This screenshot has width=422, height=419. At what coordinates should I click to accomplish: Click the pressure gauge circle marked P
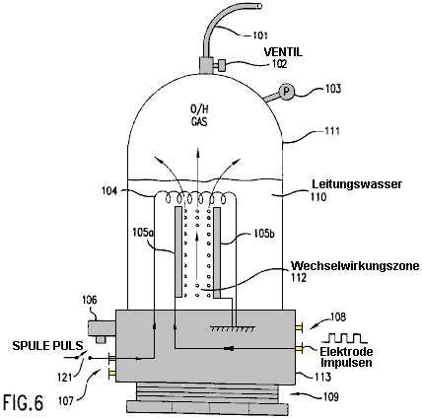[286, 92]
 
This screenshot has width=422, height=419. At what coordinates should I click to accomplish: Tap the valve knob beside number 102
[222, 65]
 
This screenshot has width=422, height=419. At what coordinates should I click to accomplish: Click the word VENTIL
[283, 52]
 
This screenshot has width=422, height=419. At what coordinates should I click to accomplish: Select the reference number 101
[259, 35]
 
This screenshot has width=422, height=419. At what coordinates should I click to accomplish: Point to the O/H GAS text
[199, 115]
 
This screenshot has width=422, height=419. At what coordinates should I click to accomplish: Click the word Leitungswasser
[357, 184]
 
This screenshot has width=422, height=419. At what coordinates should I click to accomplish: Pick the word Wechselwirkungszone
[355, 265]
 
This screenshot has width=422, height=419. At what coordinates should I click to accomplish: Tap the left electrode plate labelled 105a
[178, 252]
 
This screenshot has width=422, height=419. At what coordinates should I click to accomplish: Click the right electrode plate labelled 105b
[217, 252]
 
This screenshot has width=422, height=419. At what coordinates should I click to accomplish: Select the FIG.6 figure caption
[23, 402]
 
